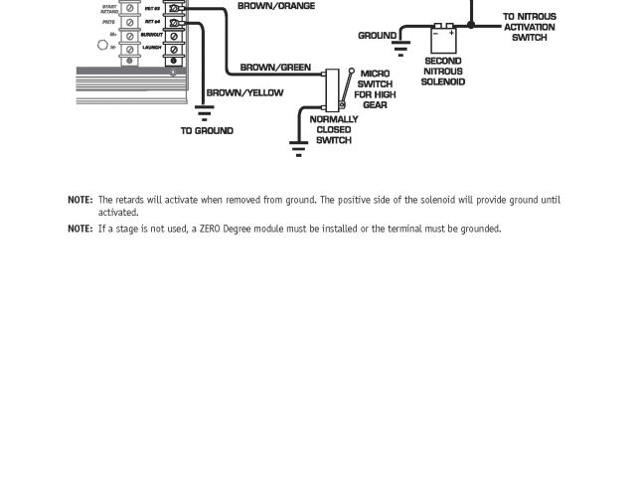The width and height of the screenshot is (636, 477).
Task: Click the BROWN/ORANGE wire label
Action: click(x=276, y=6)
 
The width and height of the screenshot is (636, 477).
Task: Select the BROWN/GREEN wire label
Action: click(x=275, y=68)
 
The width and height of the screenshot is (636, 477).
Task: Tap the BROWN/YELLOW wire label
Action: click(x=244, y=92)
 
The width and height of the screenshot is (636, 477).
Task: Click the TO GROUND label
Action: click(x=207, y=130)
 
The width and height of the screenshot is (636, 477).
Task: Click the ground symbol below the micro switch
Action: click(x=298, y=148)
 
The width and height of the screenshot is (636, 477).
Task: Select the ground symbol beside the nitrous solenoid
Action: click(x=402, y=47)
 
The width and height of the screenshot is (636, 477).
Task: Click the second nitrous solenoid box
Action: click(x=443, y=38)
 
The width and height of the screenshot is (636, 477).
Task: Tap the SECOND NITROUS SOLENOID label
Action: click(x=442, y=72)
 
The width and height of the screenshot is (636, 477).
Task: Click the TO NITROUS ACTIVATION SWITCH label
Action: click(x=529, y=27)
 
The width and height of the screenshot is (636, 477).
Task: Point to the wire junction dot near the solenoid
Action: click(x=471, y=25)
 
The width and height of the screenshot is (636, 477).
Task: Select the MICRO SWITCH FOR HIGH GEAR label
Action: click(x=375, y=89)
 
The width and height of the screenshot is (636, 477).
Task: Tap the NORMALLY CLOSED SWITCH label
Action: click(x=333, y=129)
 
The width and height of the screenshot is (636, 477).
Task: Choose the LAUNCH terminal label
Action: click(x=152, y=47)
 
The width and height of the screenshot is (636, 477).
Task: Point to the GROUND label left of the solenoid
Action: click(x=377, y=36)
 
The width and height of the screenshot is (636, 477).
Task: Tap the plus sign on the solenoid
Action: click(x=451, y=32)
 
